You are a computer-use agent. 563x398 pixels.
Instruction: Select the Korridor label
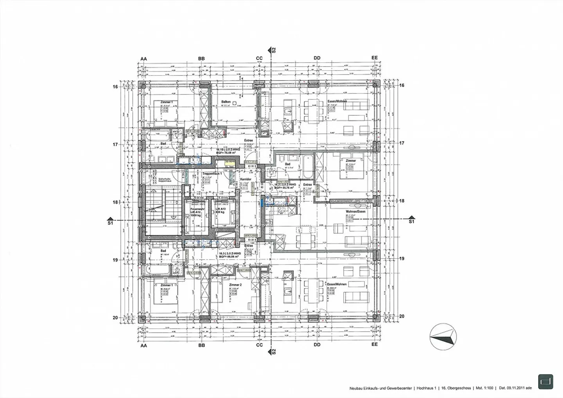(246, 179)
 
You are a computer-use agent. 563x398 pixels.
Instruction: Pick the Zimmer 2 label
(236, 285)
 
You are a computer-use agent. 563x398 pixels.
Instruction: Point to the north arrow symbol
(443, 336)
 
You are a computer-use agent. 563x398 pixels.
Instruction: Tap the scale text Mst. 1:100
(484, 389)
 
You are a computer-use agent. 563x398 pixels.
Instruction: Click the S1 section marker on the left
(110, 221)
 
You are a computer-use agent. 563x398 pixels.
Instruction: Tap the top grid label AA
(143, 58)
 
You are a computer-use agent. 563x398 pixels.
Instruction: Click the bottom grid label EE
(375, 345)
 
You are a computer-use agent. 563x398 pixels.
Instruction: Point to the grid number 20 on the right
(402, 317)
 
